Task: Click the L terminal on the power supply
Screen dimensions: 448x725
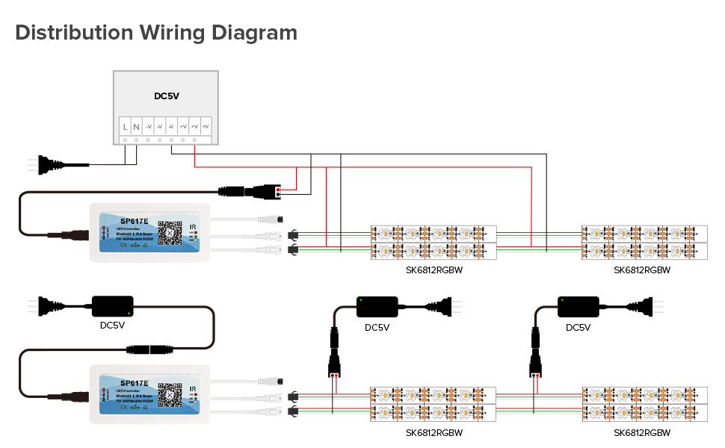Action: pos(125,127)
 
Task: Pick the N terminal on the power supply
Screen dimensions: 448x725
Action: pos(136,127)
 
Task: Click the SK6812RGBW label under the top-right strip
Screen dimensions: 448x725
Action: pos(641,270)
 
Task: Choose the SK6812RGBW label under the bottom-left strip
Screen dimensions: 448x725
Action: pos(434,432)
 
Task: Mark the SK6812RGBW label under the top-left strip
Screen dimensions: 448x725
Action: pos(434,270)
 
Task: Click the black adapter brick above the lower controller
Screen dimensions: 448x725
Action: pos(112,305)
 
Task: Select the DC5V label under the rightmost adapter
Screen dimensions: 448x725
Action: pos(578,327)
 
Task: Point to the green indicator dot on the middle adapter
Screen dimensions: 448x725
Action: pos(360,300)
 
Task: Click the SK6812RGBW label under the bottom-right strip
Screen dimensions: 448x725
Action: pos(641,432)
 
